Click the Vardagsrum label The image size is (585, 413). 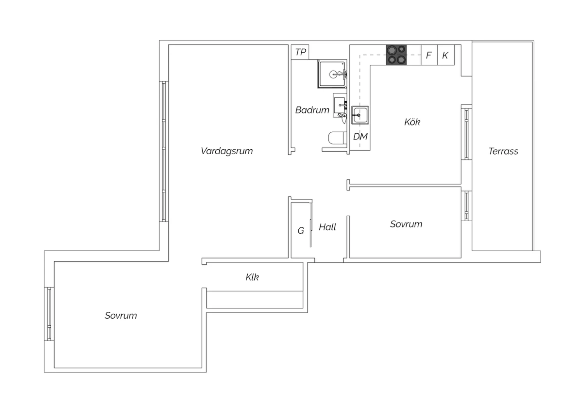coord(227,151)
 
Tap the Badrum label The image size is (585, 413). coord(312,110)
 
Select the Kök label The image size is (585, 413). coord(412,122)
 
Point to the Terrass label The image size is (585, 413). coord(503,151)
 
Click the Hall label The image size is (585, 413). coord(327,227)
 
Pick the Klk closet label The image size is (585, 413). coord(252,277)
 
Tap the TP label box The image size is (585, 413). coord(300,52)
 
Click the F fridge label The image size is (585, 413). coord(429,55)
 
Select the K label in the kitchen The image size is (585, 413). coord(445,55)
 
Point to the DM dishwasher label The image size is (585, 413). coord(360,136)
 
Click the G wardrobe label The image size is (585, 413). coord(301,231)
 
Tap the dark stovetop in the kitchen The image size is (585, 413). coord(396,55)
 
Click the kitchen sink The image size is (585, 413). coord(360,115)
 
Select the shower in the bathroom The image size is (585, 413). coord(332,74)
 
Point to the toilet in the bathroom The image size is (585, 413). coord(337,138)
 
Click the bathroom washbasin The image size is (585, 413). coord(340,106)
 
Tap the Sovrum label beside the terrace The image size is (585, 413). coord(406,224)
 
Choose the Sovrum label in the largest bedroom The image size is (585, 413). coord(121,316)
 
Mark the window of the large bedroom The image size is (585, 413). coord(49,314)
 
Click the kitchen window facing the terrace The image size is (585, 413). coord(466,134)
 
